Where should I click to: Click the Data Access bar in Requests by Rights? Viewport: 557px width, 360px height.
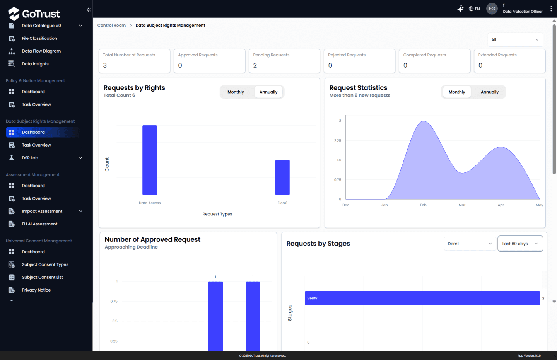click(x=149, y=160)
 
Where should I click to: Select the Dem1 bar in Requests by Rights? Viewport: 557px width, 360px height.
click(x=282, y=177)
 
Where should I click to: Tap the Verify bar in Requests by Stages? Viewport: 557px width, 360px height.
click(x=422, y=298)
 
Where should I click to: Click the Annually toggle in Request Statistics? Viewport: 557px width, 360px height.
click(x=489, y=92)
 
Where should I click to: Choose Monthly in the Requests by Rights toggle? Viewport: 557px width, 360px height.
click(x=236, y=92)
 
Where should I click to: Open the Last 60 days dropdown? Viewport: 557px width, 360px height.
click(x=520, y=244)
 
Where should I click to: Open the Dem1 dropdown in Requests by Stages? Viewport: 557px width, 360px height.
click(x=470, y=244)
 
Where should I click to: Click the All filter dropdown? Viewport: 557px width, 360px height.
click(x=515, y=40)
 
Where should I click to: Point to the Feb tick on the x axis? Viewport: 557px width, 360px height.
click(x=423, y=205)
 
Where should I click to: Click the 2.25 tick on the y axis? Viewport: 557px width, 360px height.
click(x=337, y=140)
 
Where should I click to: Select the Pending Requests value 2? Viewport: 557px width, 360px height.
click(x=255, y=65)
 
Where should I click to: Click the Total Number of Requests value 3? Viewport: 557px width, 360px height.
click(x=105, y=65)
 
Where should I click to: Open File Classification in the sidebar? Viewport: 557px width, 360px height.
click(x=39, y=38)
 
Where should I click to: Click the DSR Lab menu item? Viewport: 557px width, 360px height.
click(x=30, y=158)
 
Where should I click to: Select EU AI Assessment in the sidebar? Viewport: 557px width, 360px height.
click(x=39, y=224)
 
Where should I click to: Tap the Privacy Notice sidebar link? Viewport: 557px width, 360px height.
click(x=36, y=290)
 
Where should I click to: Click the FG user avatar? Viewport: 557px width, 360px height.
click(x=492, y=9)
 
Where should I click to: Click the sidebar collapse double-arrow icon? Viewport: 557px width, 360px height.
click(x=89, y=9)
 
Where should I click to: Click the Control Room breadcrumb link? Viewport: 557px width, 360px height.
click(x=111, y=26)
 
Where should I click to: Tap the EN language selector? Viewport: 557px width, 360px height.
click(x=474, y=9)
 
